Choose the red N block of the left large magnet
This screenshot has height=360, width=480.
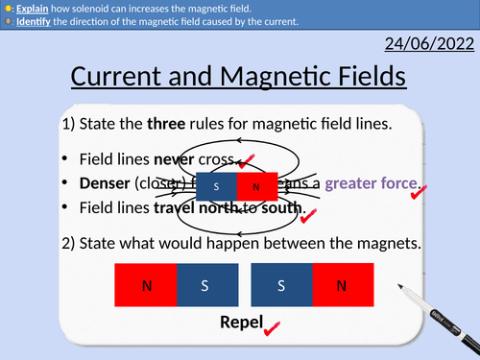click(145, 284)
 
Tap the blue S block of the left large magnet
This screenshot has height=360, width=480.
click(205, 284)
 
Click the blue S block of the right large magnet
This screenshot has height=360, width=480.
click(281, 284)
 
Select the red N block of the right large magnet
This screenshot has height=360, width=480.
click(342, 284)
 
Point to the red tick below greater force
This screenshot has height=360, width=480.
click(419, 196)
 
